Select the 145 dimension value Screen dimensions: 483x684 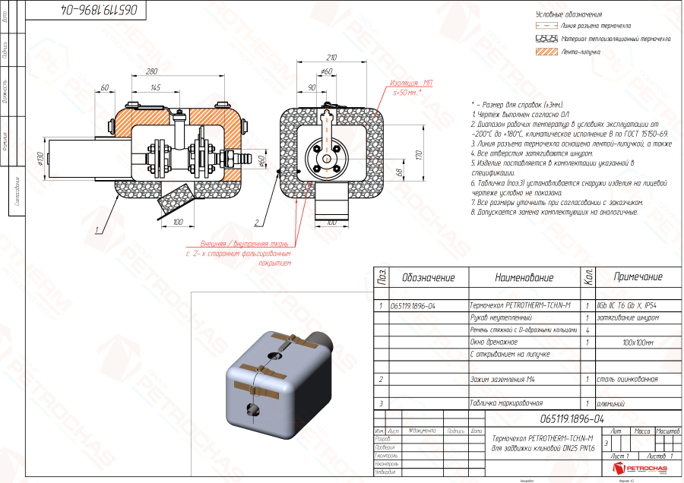[x=156, y=88]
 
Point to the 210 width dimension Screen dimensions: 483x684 [x=331, y=58]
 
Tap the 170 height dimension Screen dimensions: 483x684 [x=419, y=154]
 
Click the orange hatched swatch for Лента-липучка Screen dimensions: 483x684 [x=546, y=52]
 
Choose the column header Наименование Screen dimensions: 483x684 [x=524, y=277]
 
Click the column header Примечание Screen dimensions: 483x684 [x=638, y=277]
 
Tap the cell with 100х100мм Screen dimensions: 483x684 [x=637, y=342]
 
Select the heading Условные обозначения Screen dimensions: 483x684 [x=569, y=14]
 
